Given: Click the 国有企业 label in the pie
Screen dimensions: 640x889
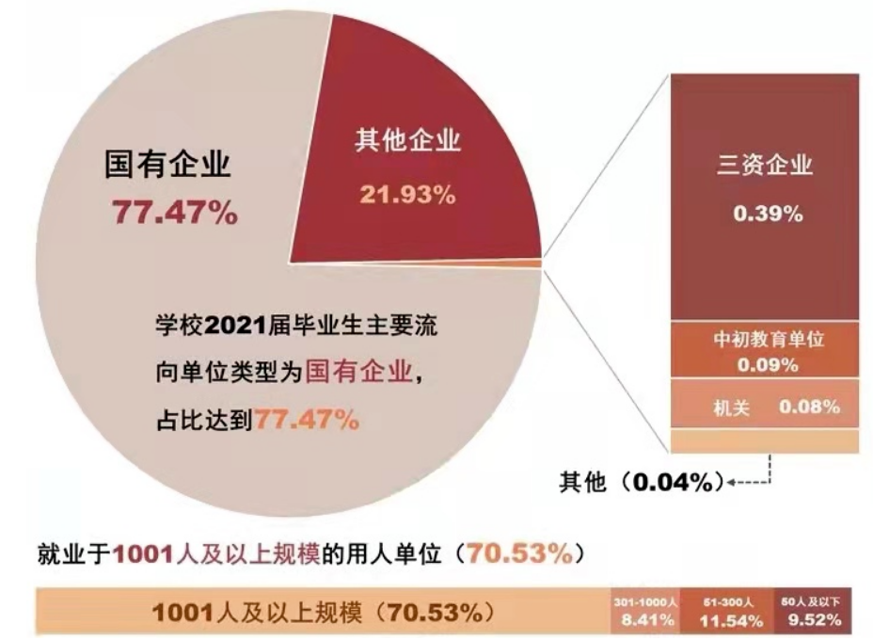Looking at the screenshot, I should (167, 166).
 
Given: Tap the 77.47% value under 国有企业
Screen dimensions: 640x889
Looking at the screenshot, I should (175, 213).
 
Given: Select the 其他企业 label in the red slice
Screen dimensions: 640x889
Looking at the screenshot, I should (407, 141).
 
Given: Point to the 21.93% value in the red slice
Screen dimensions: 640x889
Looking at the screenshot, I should (407, 195).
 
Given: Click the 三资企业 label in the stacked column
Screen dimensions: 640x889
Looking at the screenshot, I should (763, 166).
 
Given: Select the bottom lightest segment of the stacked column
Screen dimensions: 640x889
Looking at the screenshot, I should (764, 440).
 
